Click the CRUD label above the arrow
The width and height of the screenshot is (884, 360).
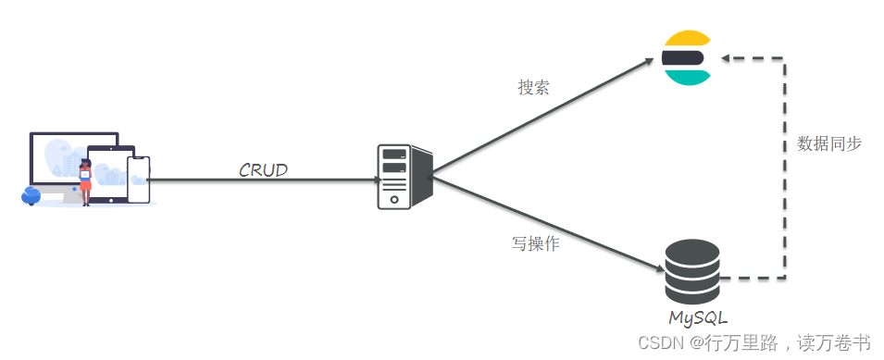tap(263, 169)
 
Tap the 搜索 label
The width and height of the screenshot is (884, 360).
tap(533, 88)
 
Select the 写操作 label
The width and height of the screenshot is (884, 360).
tap(535, 245)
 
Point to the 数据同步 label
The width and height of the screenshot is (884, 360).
tap(829, 143)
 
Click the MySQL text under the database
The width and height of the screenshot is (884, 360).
tap(693, 317)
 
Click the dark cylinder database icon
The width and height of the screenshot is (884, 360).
tap(692, 270)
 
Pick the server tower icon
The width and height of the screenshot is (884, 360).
tap(405, 177)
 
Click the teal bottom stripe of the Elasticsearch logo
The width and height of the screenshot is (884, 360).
tap(687, 78)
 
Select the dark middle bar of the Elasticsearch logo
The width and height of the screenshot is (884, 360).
tap(683, 58)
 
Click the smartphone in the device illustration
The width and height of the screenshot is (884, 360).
tap(139, 180)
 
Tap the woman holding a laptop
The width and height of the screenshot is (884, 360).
tap(86, 181)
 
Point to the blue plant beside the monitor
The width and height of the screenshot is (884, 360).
tap(31, 195)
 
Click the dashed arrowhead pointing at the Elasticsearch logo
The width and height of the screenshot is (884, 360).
tap(727, 58)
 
